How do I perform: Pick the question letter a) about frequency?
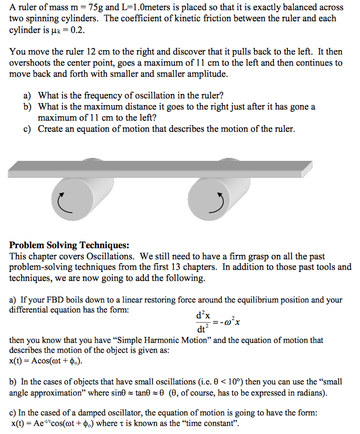pyautogui.click(x=27, y=95)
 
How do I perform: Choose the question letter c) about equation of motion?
pyautogui.click(x=27, y=129)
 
